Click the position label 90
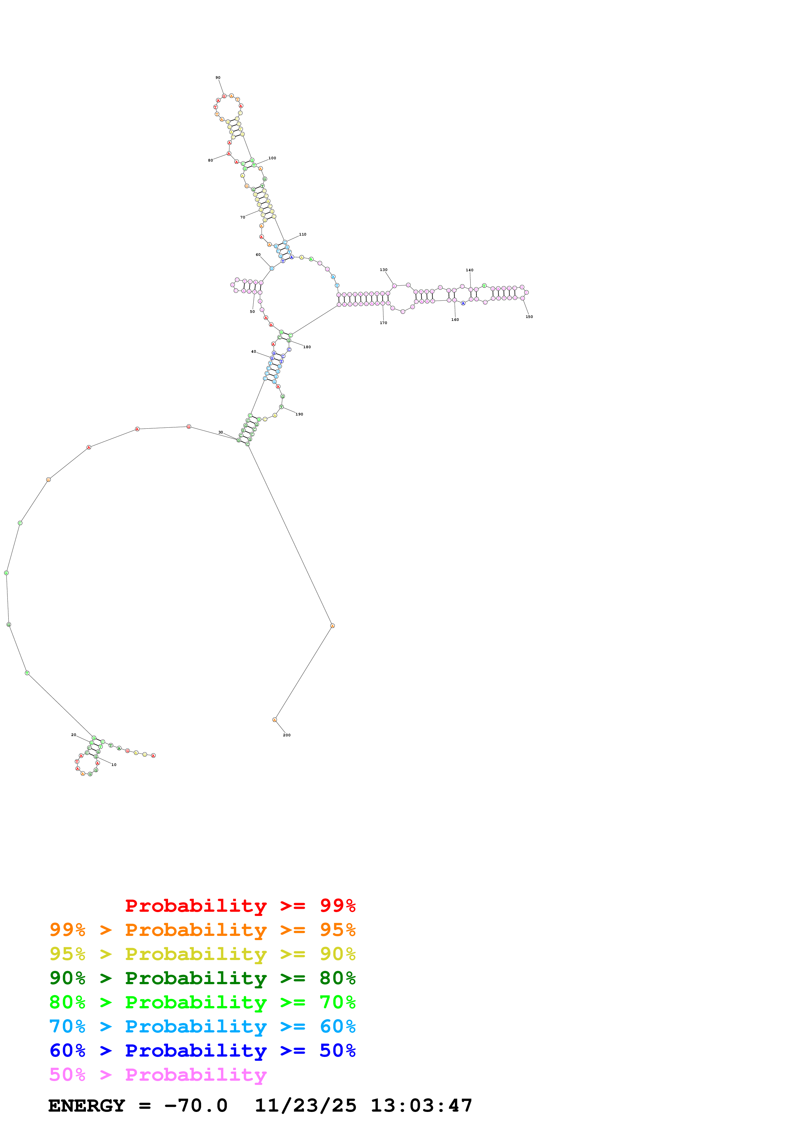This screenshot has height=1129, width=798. click(218, 78)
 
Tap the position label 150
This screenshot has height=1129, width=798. click(529, 317)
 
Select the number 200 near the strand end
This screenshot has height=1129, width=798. click(286, 735)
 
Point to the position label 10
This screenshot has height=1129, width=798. click(114, 765)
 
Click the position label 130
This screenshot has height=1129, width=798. click(383, 270)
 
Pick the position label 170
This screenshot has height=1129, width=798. click(383, 323)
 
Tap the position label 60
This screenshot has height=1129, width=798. click(258, 255)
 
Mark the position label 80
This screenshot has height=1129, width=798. click(211, 160)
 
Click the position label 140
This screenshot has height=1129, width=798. click(470, 270)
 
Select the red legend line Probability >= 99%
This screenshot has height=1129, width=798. click(240, 905)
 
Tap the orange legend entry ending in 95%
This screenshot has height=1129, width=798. click(202, 930)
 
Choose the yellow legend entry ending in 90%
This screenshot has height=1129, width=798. click(202, 954)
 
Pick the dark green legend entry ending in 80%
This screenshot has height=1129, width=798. click(202, 978)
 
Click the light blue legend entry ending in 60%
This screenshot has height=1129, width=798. click(202, 1026)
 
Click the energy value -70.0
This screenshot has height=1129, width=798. click(196, 1106)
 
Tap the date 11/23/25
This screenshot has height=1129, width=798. click(305, 1106)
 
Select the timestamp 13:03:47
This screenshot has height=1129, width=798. click(421, 1106)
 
